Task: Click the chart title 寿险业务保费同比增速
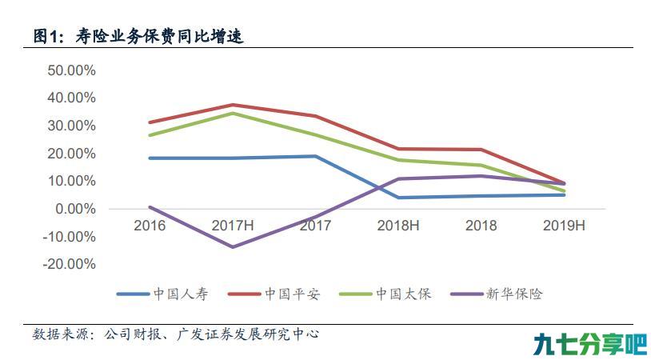[x=159, y=36]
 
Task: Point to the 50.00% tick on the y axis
[x=71, y=70]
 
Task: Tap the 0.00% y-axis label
[x=75, y=209]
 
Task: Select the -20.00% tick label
[x=70, y=264]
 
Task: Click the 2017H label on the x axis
[x=233, y=226]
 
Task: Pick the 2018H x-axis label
[x=398, y=226]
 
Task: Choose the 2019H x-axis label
[x=564, y=226]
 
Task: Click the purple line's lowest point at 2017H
[x=233, y=246]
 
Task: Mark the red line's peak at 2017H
[x=233, y=105]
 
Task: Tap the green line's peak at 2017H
[x=233, y=114]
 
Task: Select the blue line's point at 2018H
[x=398, y=198]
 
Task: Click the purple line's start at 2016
[x=150, y=206]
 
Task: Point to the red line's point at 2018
[x=481, y=150]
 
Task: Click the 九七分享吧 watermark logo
[x=590, y=345]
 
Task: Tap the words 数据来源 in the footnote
[x=61, y=334]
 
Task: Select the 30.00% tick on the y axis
[x=71, y=126]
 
